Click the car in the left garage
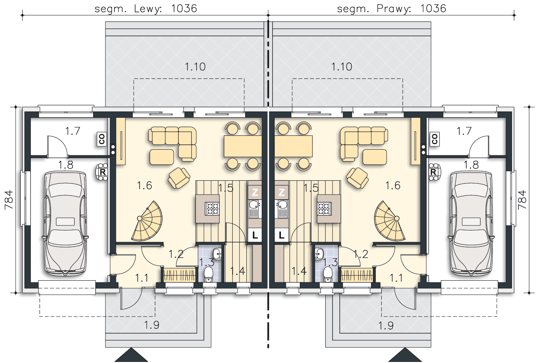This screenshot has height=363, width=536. click(65, 224)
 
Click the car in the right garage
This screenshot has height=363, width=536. click(471, 224)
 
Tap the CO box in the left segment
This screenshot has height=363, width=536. click(102, 139)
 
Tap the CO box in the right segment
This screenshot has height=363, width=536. click(435, 139)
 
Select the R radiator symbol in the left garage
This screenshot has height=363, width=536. click(102, 172)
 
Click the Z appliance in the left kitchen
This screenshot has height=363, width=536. click(255, 192)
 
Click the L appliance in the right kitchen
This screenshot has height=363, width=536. click(281, 235)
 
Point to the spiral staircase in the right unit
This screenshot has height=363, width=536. click(390, 221)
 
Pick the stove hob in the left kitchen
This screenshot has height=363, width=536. click(212, 209)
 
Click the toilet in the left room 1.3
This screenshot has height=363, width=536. click(209, 274)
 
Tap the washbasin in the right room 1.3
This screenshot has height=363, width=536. click(319, 254)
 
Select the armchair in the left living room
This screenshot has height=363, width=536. click(179, 178)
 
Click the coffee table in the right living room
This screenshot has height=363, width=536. click(375, 157)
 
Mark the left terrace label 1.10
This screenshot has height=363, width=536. click(195, 67)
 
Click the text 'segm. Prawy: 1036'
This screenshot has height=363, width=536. click(391, 9)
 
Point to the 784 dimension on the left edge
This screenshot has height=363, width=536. click(9, 200)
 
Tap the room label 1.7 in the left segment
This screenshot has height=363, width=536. click(73, 131)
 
